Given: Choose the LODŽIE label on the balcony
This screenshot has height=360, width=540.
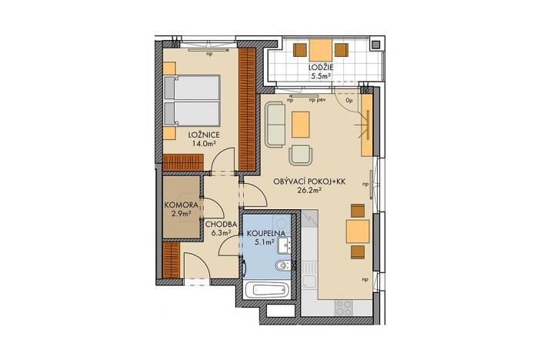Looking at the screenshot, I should coord(320,67).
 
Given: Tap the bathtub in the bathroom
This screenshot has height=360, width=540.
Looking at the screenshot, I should coord(265,292).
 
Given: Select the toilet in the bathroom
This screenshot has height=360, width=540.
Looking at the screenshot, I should coord(282,267).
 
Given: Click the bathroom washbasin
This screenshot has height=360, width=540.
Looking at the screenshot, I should coord(282,245).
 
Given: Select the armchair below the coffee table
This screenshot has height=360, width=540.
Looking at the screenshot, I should coord(301,154).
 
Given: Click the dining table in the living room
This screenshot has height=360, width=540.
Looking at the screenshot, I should coord(356,231).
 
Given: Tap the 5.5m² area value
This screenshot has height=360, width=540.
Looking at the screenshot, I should coord(320,76).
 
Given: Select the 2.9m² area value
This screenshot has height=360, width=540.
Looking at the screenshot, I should coord(182,215).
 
